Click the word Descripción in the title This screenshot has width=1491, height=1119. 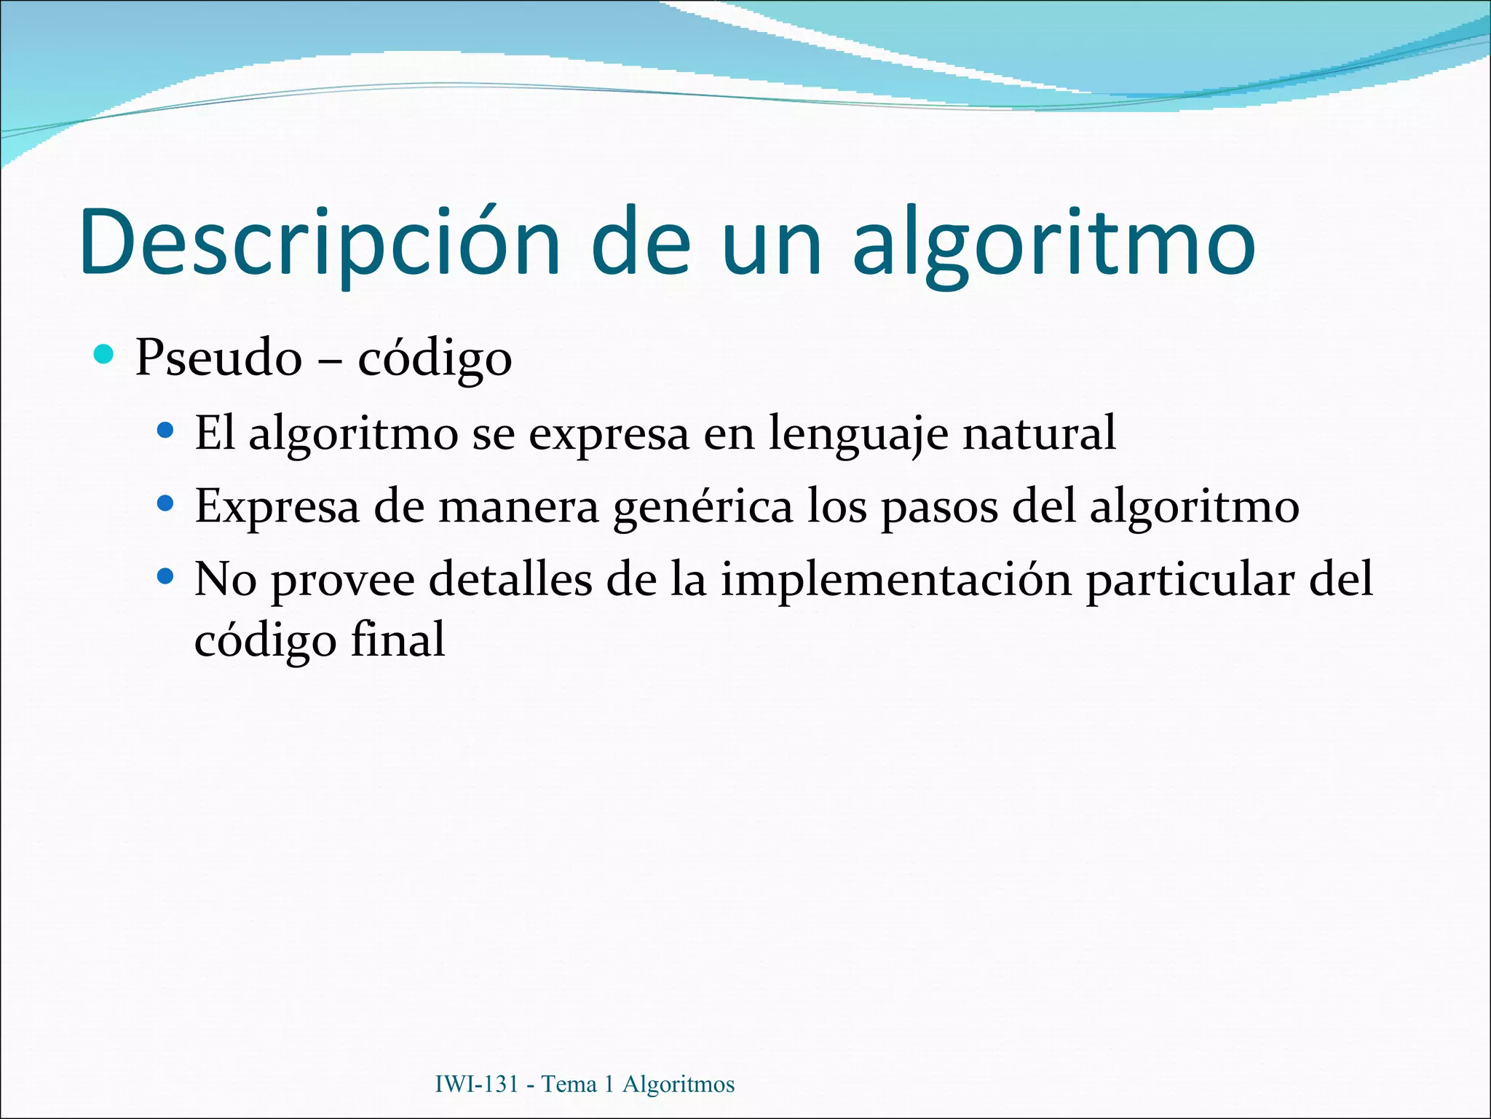click(x=320, y=243)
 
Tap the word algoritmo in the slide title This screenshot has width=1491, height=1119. click(x=1053, y=243)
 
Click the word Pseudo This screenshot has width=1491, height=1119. click(x=218, y=358)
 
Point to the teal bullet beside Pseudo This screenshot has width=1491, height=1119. click(x=105, y=355)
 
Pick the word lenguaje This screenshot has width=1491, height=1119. click(x=858, y=434)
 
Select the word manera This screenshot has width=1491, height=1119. click(x=518, y=507)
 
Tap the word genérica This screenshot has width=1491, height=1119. click(x=703, y=507)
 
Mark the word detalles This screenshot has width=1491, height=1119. click(x=510, y=580)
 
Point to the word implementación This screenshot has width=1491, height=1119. click(x=896, y=581)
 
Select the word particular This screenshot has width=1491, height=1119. click(x=1190, y=581)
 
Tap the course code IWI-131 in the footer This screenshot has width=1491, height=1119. click(x=476, y=1084)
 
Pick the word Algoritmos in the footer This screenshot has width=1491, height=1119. click(x=679, y=1084)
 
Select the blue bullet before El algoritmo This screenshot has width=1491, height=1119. click(x=166, y=431)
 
